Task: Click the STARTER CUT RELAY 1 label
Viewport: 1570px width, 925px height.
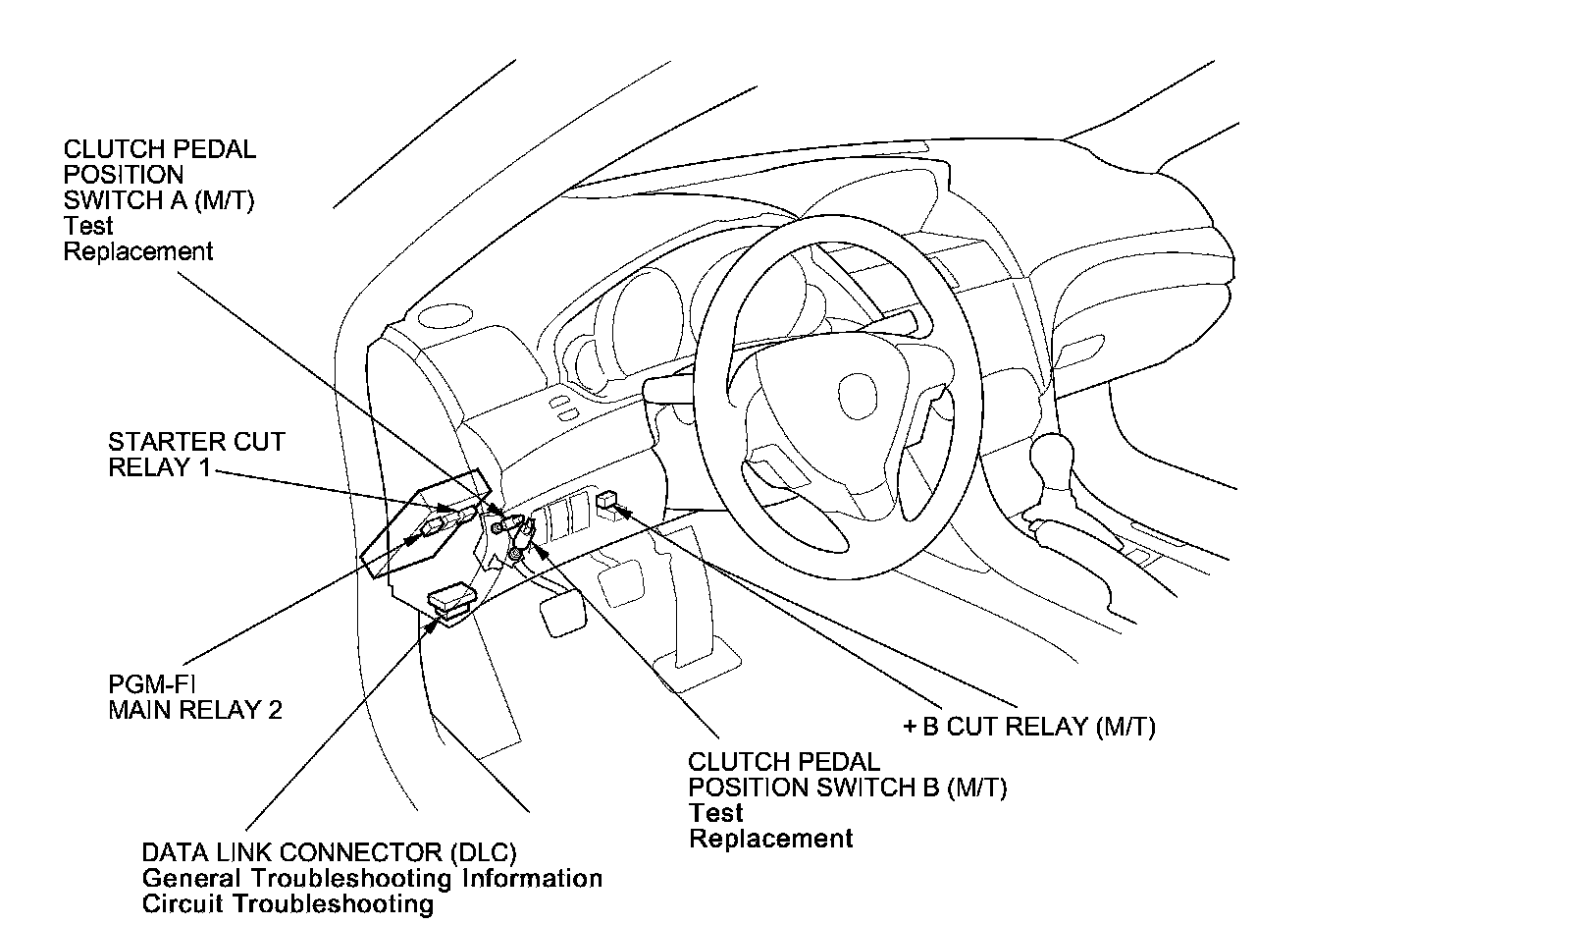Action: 196,454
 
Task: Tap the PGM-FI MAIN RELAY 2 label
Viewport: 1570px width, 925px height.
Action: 194,696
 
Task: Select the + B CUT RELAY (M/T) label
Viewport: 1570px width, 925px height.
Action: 1028,727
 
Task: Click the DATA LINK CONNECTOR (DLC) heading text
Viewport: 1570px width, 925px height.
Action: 329,852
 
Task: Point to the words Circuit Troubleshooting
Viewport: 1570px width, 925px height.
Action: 288,903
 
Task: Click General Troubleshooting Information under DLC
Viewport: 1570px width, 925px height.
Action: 372,878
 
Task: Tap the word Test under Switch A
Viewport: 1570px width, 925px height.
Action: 88,226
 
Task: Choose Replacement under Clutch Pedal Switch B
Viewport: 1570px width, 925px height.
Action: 770,839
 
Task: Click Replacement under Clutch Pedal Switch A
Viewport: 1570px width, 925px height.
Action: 137,251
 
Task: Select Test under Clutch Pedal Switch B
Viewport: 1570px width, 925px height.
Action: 715,813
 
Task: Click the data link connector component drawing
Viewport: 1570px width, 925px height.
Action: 451,600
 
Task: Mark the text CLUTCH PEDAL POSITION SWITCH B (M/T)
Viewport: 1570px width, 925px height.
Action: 847,775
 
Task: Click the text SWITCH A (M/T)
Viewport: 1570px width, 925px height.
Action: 158,200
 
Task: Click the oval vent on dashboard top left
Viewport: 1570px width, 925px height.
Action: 445,316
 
